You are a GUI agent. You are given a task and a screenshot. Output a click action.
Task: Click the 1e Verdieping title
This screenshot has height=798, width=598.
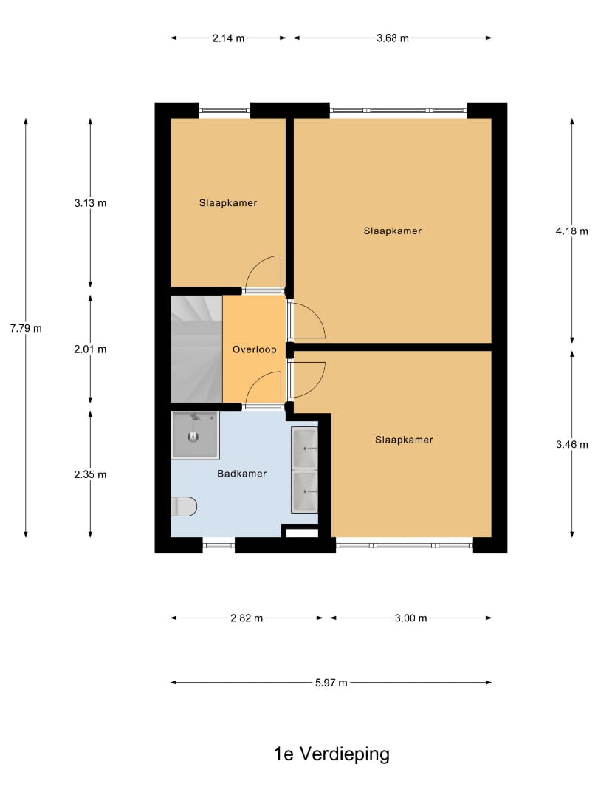(x=331, y=754)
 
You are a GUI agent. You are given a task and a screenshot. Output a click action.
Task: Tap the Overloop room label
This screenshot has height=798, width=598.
(x=254, y=349)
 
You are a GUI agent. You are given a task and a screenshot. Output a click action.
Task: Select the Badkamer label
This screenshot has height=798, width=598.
(x=242, y=474)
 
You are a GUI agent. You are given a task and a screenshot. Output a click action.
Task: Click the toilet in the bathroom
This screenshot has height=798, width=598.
(x=184, y=506)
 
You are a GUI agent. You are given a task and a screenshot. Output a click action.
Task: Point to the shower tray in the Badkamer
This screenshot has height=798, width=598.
(x=195, y=435)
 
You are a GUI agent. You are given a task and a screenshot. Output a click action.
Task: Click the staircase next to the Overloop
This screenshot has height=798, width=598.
(x=196, y=349)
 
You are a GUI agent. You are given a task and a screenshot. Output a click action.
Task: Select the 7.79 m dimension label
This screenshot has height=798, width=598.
(x=26, y=328)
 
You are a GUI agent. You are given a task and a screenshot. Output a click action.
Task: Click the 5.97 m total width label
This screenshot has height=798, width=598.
(x=331, y=683)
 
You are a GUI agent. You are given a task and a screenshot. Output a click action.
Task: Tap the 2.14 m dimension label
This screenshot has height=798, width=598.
(x=228, y=38)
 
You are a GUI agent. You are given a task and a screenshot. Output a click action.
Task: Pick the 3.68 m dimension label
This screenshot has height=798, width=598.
(x=393, y=38)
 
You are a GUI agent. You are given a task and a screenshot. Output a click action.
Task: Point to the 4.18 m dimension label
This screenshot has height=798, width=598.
(x=571, y=231)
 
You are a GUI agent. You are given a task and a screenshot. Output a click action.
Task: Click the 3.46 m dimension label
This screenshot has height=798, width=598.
(x=571, y=444)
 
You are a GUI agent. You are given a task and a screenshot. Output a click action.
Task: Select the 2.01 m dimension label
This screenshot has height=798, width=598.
(x=91, y=349)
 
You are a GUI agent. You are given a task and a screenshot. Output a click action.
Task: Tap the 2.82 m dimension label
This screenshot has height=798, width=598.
(x=247, y=618)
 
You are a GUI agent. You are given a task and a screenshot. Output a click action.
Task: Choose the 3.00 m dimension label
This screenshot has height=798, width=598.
(x=411, y=618)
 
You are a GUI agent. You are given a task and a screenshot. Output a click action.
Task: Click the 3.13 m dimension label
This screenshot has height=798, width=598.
(x=91, y=203)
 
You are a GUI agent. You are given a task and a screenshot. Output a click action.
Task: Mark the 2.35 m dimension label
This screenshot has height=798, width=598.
(x=91, y=474)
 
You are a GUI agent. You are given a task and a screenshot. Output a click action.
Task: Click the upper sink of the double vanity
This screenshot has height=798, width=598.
(x=305, y=448)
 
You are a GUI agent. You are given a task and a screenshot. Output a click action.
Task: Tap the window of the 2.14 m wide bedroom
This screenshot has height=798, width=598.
(x=224, y=110)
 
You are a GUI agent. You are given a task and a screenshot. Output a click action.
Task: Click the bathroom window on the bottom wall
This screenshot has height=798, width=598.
(x=219, y=546)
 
